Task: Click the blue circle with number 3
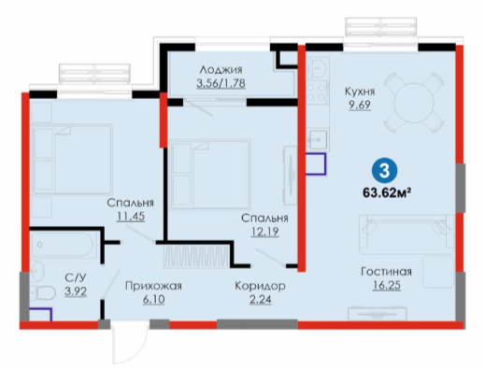[x=384, y=170]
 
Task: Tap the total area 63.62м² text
[x=386, y=193]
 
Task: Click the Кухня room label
[x=360, y=92]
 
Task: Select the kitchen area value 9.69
[x=360, y=105]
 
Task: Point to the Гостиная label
[x=386, y=272]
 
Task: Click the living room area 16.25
[x=387, y=285]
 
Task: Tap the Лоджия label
[x=221, y=70]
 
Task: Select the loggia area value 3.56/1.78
[x=221, y=83]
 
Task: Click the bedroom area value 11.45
[x=131, y=216]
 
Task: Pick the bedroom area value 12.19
[x=264, y=232]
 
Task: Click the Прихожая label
[x=153, y=286]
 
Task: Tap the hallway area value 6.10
[x=154, y=300]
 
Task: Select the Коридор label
[x=260, y=286]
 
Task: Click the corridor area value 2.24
[x=261, y=300]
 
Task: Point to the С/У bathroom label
[x=76, y=277]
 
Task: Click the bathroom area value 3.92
[x=76, y=291]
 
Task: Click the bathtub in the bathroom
[x=63, y=245]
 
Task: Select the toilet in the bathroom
[x=43, y=293]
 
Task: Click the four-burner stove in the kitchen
[x=318, y=92]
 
